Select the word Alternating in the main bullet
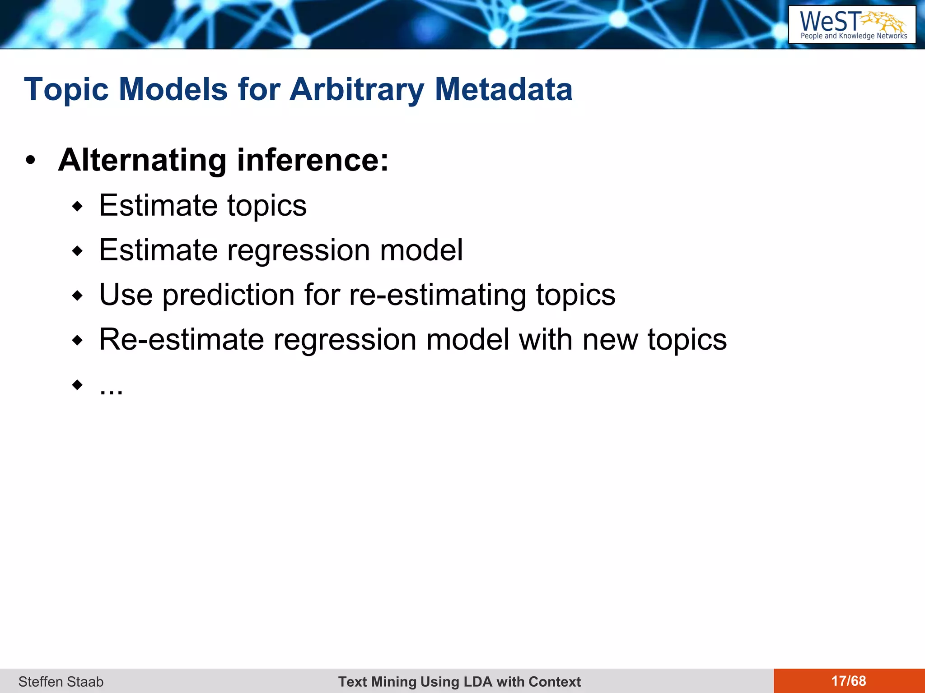coord(142,160)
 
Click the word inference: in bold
coord(313,160)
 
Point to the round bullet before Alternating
coord(30,161)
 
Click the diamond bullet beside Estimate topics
coord(78,207)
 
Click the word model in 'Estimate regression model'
coord(421,250)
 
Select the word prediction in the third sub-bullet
coord(229,295)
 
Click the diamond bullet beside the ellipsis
coord(78,384)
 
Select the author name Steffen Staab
coord(61,681)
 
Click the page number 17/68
coord(849,681)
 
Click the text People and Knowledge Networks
coord(854,36)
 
